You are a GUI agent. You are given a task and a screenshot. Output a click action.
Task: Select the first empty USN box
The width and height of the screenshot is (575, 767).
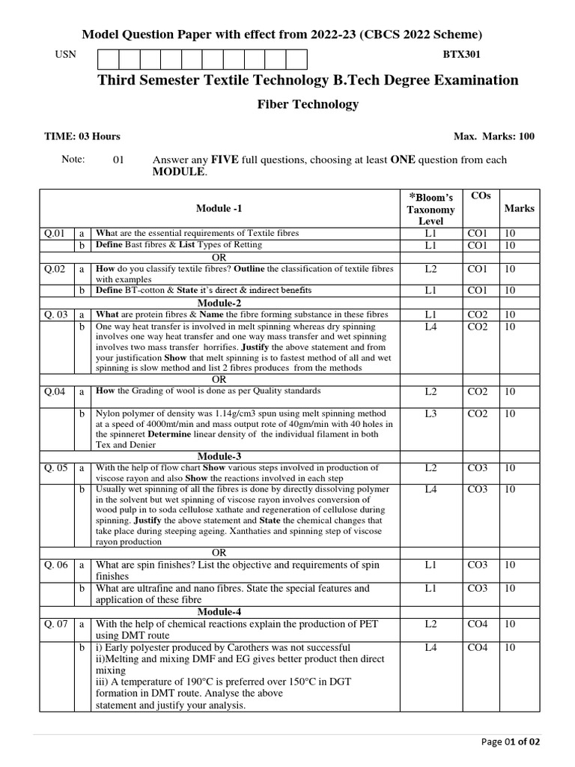coord(108,59)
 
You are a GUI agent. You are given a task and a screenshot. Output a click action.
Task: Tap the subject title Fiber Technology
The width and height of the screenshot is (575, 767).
coord(308,104)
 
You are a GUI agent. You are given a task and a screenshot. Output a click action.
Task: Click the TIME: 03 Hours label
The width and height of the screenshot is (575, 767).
coord(82,136)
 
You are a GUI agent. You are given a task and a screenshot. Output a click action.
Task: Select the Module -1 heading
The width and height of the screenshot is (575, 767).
coord(219,208)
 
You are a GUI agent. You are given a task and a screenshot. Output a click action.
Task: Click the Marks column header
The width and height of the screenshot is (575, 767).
coord(519,208)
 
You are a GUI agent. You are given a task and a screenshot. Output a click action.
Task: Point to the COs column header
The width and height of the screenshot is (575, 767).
coord(480,195)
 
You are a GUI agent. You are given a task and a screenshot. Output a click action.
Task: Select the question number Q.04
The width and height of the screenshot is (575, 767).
coord(55,391)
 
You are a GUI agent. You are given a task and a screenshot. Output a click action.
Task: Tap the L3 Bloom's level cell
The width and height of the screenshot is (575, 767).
coord(430,413)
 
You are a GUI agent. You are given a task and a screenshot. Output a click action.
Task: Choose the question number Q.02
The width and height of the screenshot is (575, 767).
coord(55,268)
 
